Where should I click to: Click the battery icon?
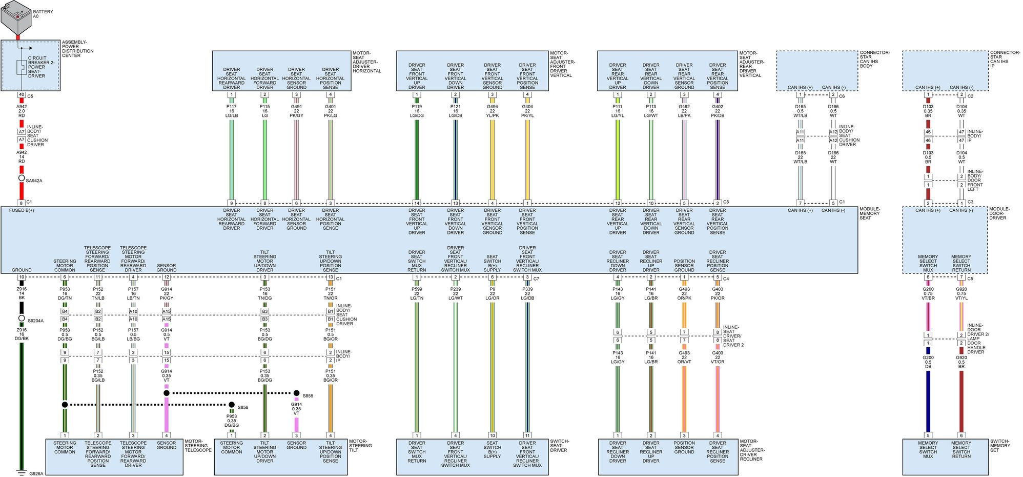click(x=16, y=17)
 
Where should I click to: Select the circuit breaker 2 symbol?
click(x=22, y=67)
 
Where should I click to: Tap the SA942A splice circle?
click(x=22, y=178)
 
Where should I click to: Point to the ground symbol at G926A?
click(x=22, y=472)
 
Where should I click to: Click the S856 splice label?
click(x=243, y=408)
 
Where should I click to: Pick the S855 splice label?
click(x=308, y=396)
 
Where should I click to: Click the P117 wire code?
click(x=232, y=107)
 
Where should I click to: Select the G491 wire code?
click(x=296, y=107)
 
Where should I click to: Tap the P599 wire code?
click(x=417, y=289)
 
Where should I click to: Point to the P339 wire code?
click(x=527, y=289)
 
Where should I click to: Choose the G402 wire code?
click(x=718, y=107)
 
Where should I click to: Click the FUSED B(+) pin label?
click(x=22, y=210)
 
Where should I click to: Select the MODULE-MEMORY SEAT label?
click(x=870, y=213)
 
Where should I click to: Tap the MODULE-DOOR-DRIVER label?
click(x=999, y=213)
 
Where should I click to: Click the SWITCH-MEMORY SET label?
click(x=1000, y=445)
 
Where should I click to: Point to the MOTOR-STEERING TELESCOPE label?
click(x=198, y=445)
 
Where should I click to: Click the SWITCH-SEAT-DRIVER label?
click(x=559, y=445)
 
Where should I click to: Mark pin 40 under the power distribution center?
click(x=22, y=95)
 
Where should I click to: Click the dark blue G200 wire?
click(x=928, y=400)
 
